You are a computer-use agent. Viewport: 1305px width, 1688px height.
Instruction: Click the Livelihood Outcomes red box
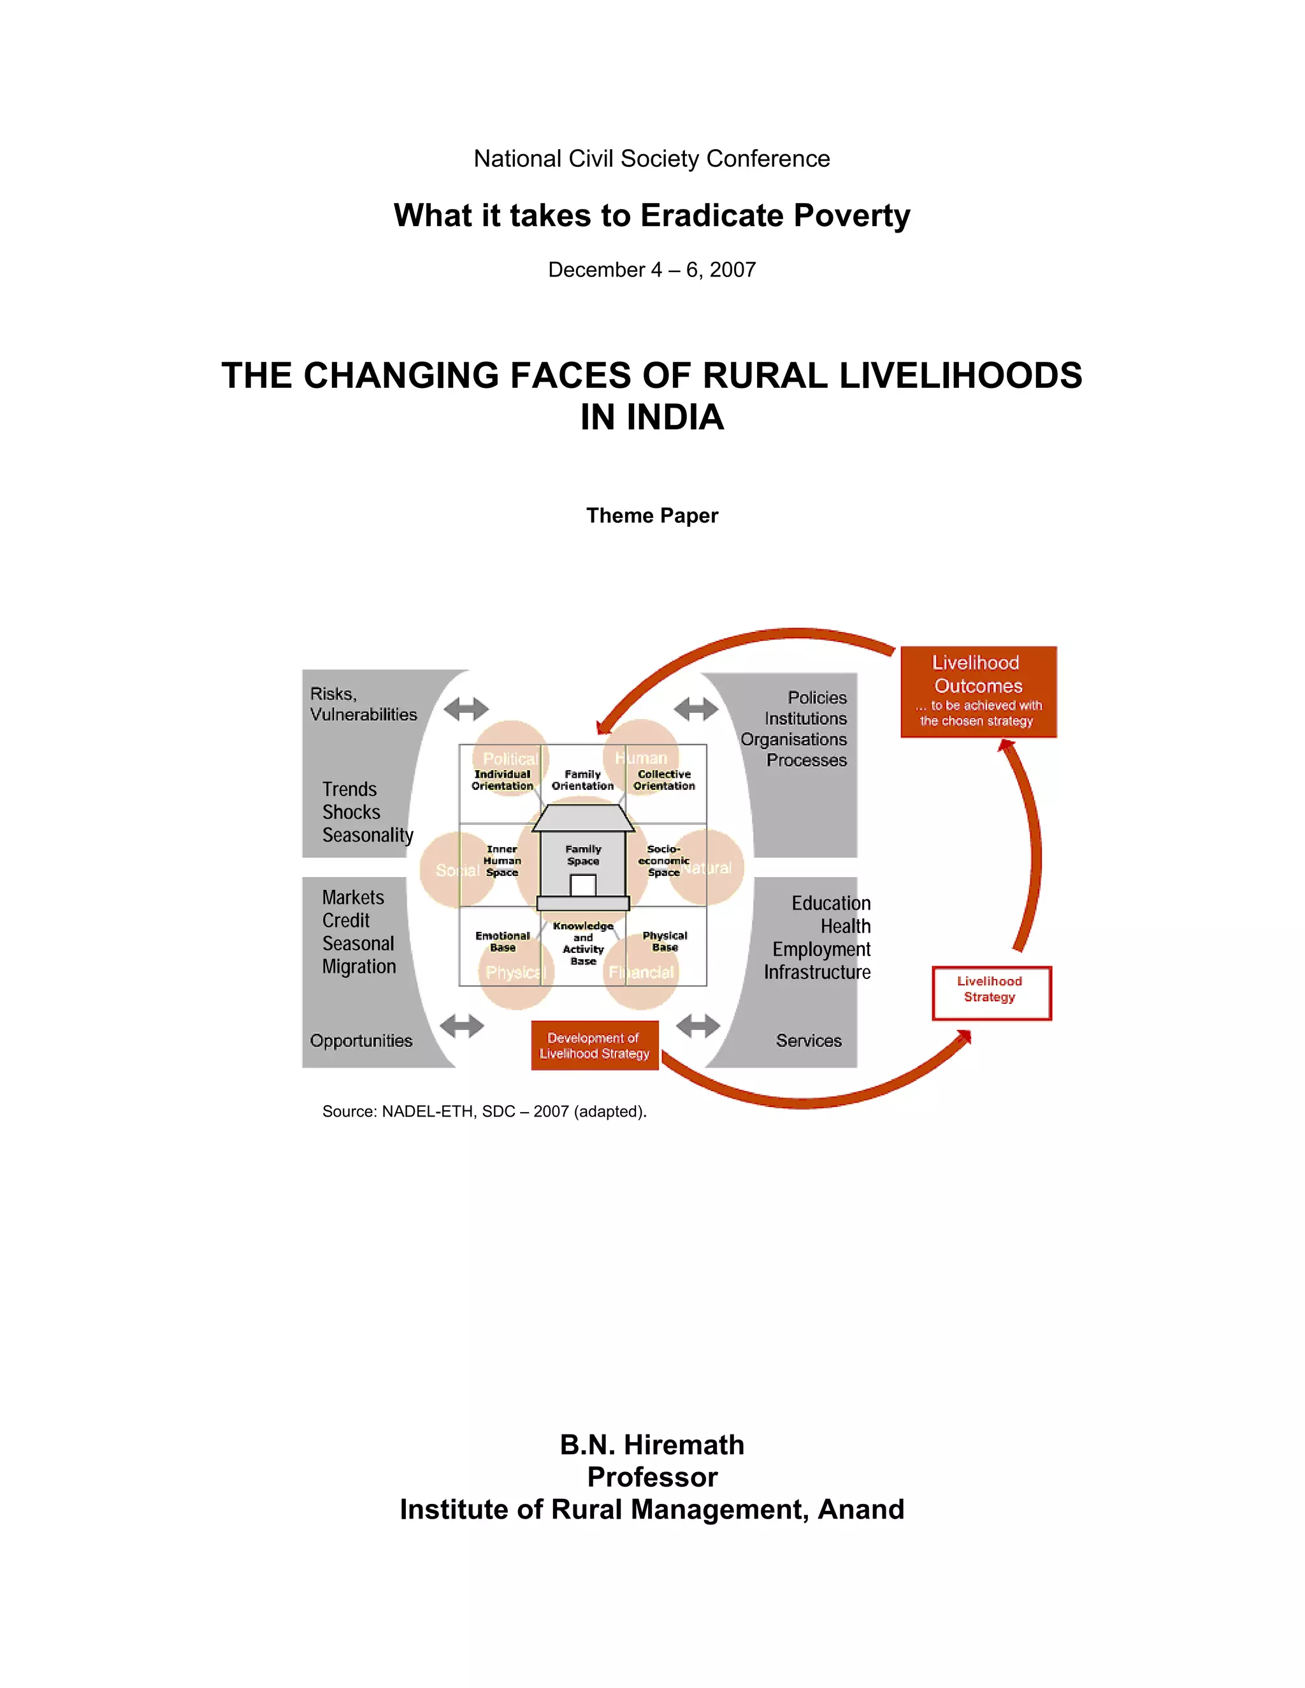(x=978, y=691)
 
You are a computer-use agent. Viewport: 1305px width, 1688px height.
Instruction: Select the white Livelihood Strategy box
(x=990, y=992)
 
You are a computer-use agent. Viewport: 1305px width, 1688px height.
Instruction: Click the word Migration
(x=359, y=966)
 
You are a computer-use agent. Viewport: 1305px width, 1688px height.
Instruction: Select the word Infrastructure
(x=817, y=972)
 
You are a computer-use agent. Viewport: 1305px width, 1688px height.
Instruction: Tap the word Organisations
(x=793, y=740)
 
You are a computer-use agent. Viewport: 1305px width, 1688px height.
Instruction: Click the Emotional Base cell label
(x=503, y=941)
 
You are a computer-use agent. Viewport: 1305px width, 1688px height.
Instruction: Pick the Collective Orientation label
(x=664, y=780)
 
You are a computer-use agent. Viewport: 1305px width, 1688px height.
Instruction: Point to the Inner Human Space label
(x=503, y=860)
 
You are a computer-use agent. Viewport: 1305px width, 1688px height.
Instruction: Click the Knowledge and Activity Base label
(x=583, y=943)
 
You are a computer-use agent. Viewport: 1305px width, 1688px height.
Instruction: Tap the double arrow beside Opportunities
(x=463, y=1026)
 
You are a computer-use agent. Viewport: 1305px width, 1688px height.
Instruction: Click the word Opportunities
(x=361, y=1040)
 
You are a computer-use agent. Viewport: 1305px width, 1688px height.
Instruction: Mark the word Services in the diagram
(x=809, y=1040)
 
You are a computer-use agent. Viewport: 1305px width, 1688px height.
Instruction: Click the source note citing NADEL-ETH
(x=484, y=1112)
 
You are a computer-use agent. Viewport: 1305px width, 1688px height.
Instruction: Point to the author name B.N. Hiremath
(x=652, y=1445)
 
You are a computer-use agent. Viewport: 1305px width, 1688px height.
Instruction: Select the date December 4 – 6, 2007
(x=652, y=269)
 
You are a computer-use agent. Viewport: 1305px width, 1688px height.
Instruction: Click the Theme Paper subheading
(x=652, y=515)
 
